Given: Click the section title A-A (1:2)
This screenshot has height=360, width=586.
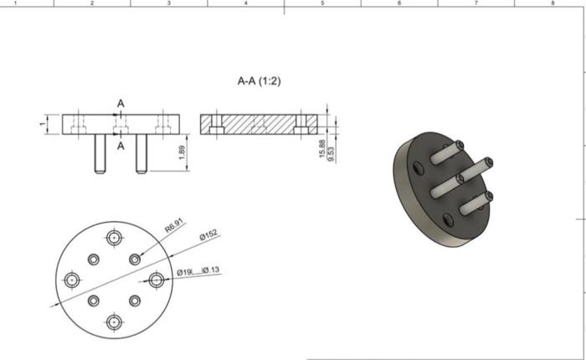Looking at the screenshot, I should [259, 82].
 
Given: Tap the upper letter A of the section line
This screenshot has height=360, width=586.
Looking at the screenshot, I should [121, 103].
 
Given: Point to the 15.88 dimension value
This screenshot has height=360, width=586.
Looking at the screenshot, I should [322, 152].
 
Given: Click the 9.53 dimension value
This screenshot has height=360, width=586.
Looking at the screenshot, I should [332, 153].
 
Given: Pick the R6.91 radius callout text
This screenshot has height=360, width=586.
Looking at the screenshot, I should [174, 226].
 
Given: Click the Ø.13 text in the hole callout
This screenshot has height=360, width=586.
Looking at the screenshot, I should [210, 270].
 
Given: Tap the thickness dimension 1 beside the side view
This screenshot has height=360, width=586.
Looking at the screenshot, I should [41, 125].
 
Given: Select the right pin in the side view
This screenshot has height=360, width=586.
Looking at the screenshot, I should [141, 154].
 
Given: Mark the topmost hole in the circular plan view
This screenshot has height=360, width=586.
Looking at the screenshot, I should [114, 237].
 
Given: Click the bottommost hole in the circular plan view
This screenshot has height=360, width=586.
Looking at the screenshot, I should [114, 321].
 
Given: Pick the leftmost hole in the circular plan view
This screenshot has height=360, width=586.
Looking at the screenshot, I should [73, 279].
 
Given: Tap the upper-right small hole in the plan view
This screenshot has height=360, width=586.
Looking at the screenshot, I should [134, 259].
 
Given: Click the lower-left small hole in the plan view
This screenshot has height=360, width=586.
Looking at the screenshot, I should [94, 300].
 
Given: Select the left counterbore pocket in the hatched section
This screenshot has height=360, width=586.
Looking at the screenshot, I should [216, 129].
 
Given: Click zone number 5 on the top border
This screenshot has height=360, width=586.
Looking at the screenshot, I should [322, 3].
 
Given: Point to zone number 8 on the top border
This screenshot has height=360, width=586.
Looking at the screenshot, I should [553, 3].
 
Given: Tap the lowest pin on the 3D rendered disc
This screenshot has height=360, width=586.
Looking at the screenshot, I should [471, 203].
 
